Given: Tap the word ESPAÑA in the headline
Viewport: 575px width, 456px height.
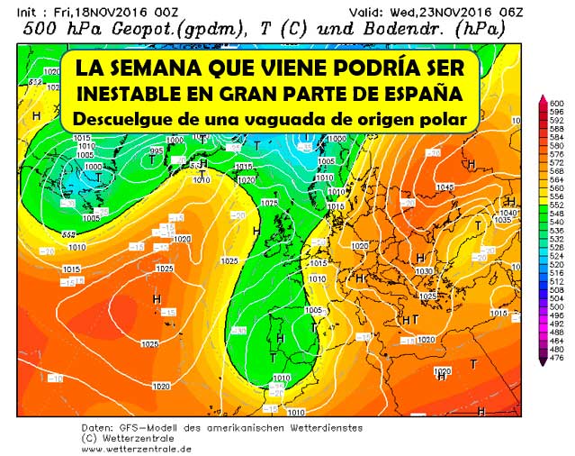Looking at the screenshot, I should point(423,94).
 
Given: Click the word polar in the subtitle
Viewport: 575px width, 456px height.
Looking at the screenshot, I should point(442,118).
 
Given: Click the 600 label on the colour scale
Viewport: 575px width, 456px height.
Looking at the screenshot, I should point(555,102).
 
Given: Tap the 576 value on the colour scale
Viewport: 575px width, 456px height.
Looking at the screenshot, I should point(555,152).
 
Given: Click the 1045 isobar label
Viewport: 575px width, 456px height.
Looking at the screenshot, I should point(470,187).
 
